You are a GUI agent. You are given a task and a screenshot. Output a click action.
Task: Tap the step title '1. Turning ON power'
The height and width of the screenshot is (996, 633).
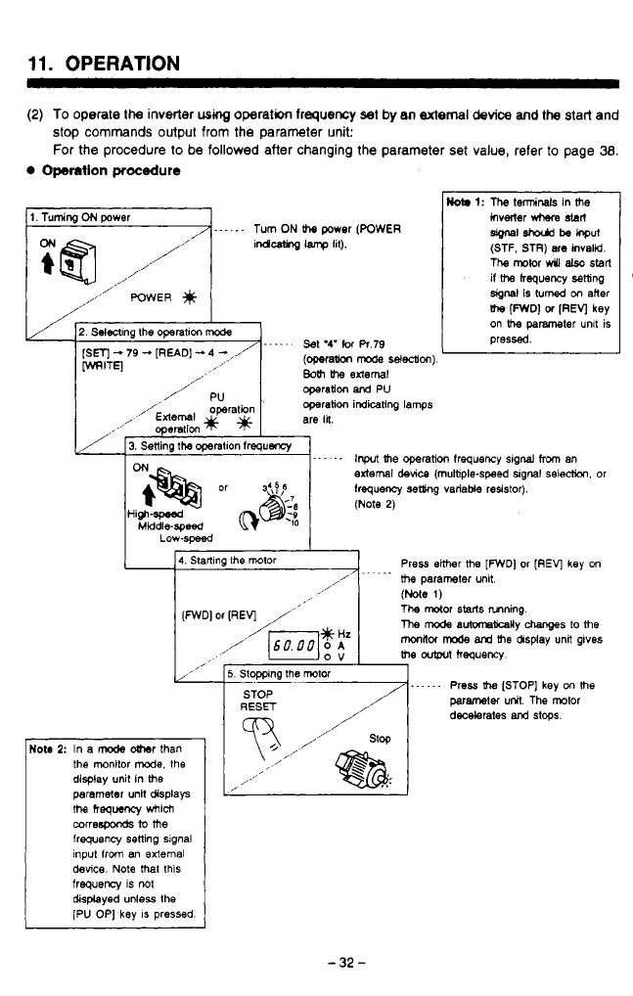pyautogui.click(x=68, y=216)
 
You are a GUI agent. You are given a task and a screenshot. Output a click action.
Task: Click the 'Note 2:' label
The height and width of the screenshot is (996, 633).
pyautogui.click(x=47, y=749)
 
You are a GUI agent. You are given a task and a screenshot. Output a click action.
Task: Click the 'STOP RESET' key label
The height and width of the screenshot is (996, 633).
pyautogui.click(x=258, y=702)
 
